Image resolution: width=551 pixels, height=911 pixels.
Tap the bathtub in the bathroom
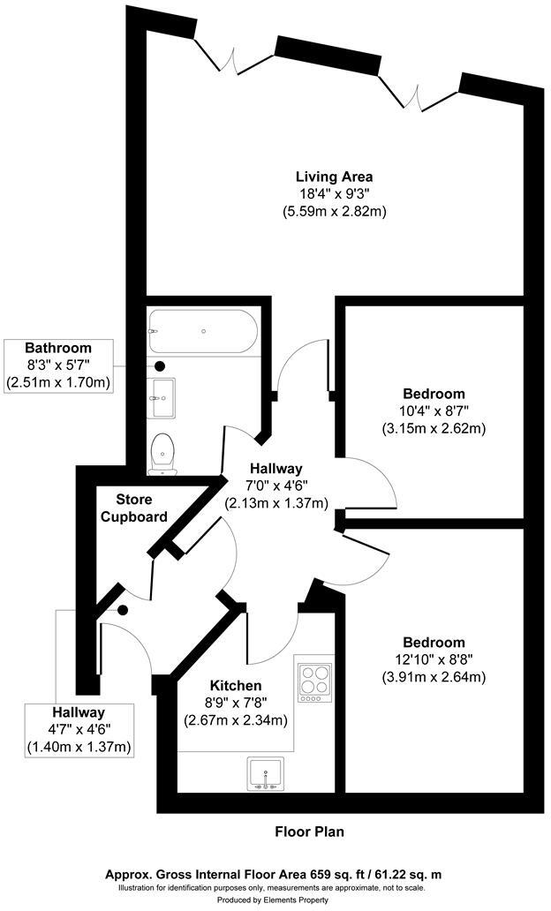203,331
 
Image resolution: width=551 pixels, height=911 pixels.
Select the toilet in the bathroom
162,452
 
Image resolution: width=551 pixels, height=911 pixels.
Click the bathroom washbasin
162,398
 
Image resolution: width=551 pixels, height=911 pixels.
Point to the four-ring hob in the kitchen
314,681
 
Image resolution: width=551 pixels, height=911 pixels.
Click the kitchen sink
264,773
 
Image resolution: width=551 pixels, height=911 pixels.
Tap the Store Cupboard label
133,508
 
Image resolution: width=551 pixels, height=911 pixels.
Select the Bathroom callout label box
58,365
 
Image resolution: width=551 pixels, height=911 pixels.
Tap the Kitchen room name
235,686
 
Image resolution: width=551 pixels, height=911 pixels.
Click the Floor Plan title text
309,832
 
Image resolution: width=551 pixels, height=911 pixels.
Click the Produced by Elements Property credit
275,900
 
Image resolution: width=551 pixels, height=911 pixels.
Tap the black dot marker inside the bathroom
160,365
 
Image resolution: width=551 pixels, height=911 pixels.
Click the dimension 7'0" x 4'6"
275,486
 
